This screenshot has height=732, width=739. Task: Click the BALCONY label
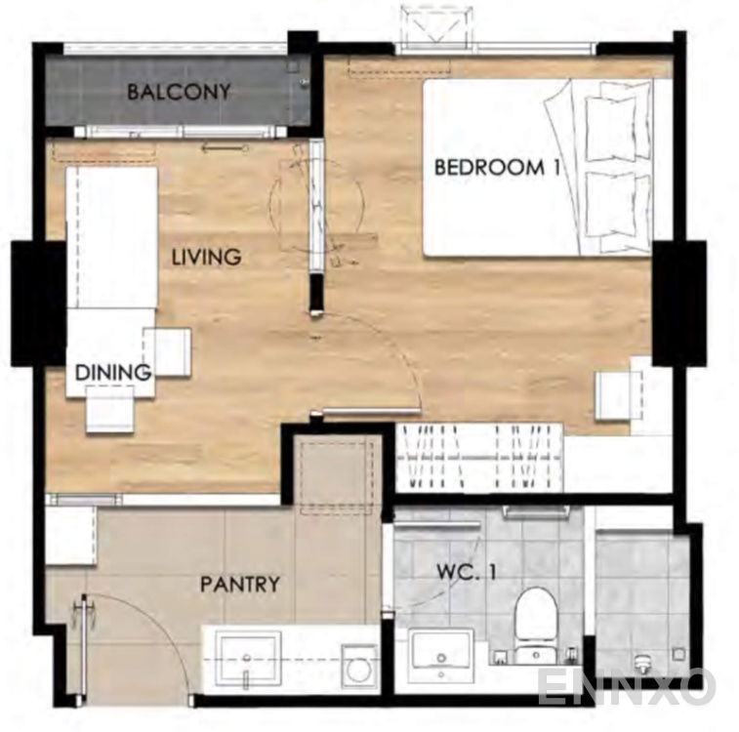[x=179, y=92]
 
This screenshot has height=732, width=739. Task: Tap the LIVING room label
[x=206, y=258]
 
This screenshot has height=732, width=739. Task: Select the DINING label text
[x=113, y=373]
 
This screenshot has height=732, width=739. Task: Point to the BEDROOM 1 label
[x=497, y=167]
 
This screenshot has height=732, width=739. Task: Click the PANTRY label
[x=240, y=585]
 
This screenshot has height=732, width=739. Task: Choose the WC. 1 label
[x=466, y=572]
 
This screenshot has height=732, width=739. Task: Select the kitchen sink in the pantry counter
[x=246, y=659]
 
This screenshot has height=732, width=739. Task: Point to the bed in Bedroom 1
[x=538, y=168]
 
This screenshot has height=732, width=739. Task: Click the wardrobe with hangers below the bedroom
[x=479, y=458]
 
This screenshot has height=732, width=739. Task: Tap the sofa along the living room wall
[x=112, y=238]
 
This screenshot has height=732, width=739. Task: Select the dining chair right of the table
[x=167, y=352]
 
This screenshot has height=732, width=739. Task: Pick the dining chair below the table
[x=110, y=409]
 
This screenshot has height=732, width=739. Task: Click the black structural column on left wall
[x=38, y=304]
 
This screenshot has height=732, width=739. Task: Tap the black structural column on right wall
[x=679, y=303]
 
